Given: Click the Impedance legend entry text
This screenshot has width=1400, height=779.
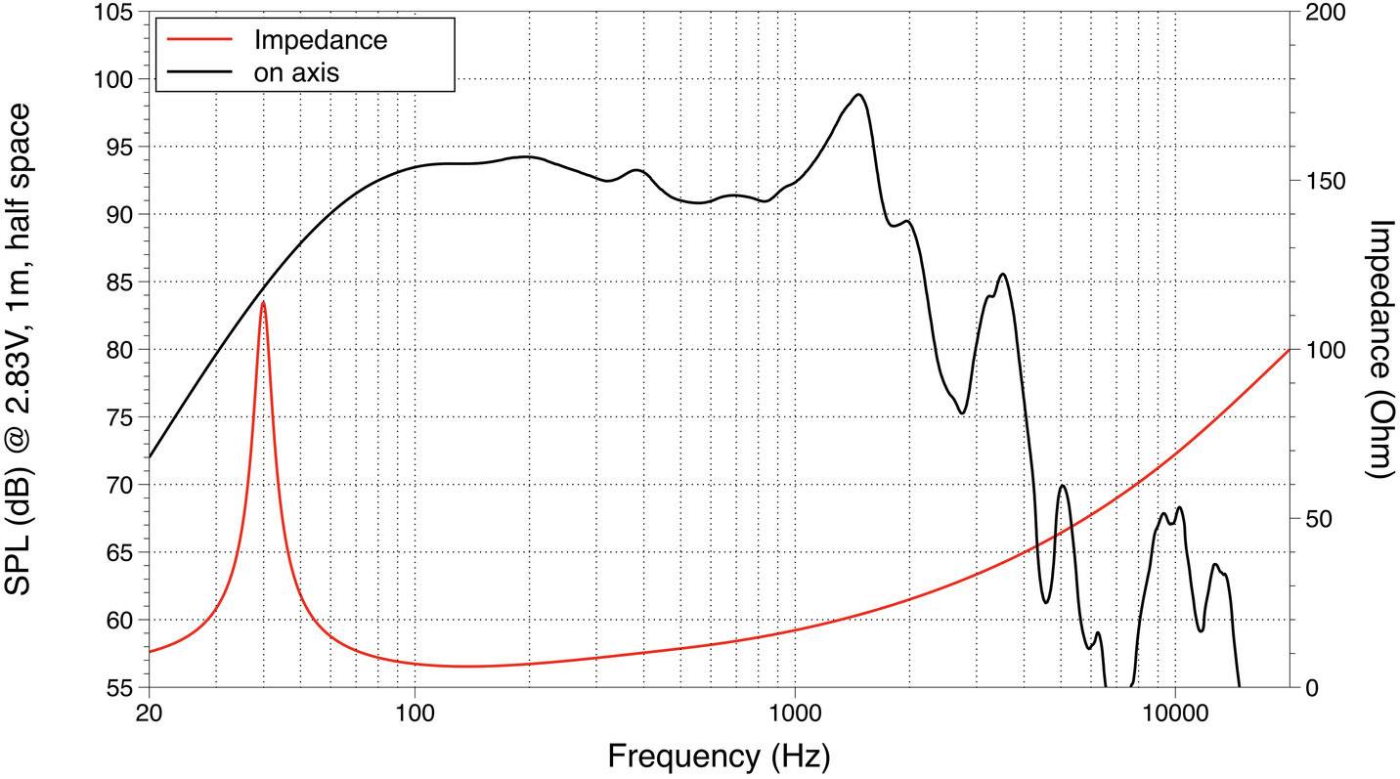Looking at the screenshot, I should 320,40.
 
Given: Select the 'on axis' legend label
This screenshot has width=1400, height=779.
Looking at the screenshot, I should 296,71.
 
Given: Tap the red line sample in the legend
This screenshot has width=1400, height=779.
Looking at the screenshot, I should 201,40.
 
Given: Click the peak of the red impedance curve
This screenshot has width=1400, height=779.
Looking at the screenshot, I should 263,302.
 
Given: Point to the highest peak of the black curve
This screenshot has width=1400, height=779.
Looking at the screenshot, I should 858,95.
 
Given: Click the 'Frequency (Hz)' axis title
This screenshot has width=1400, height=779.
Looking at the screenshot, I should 719,756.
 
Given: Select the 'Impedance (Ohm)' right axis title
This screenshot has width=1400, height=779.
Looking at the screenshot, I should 1380,349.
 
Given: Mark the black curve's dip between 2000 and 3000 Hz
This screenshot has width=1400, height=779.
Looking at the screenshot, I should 962,412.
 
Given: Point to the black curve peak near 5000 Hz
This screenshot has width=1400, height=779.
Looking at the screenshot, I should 1062,486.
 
